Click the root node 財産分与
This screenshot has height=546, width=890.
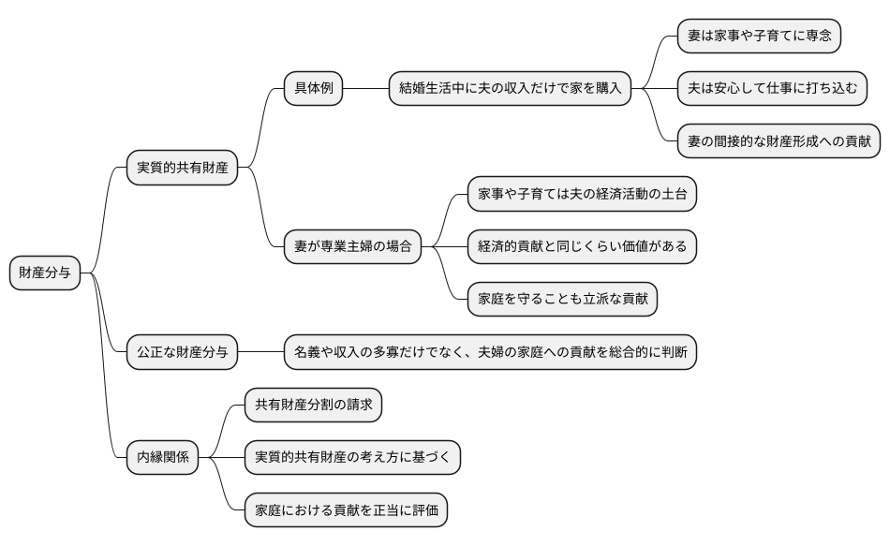[45, 273]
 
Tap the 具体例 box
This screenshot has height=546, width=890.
[313, 90]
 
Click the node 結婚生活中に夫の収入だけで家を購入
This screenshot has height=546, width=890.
[510, 90]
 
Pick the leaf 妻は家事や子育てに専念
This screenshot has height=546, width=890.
[759, 37]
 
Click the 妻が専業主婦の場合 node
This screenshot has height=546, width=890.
[352, 247]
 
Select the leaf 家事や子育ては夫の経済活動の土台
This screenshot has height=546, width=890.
[583, 195]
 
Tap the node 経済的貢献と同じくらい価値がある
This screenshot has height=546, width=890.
[583, 247]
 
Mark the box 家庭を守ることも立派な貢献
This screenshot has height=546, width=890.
[562, 300]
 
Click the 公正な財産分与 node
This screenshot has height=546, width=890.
[182, 352]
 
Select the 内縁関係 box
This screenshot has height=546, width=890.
[162, 457]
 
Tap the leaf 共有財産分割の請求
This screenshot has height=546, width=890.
[313, 405]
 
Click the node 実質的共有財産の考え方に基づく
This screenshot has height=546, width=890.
[352, 457]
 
